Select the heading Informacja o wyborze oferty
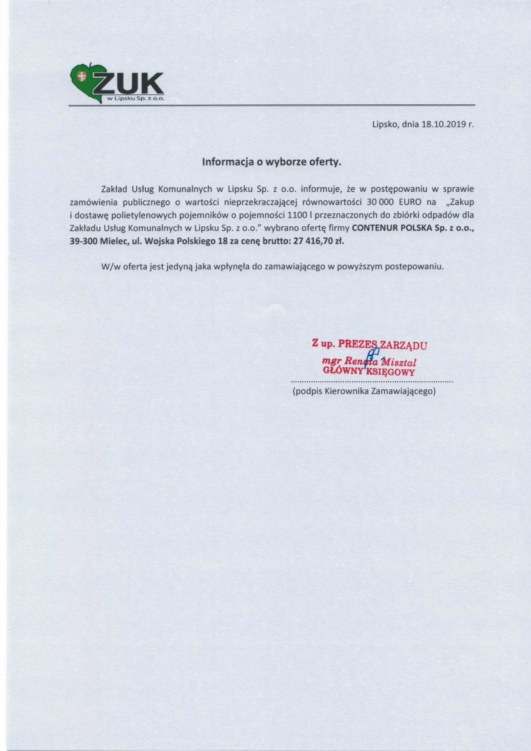pos(272,161)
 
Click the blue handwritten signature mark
pos(375,356)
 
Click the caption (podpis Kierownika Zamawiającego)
pos(364,392)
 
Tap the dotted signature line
pos(371,380)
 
